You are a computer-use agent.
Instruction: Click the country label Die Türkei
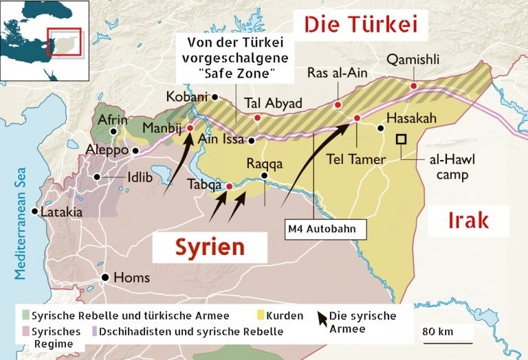[x=361, y=25]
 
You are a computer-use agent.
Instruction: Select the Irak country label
[x=468, y=220]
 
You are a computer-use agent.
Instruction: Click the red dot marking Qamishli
[x=413, y=86]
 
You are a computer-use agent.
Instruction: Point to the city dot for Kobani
[x=215, y=98]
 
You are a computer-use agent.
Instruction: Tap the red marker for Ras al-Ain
[x=338, y=105]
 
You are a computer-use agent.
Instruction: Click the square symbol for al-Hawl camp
[x=400, y=139]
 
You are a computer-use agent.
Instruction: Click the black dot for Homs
[x=105, y=278]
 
